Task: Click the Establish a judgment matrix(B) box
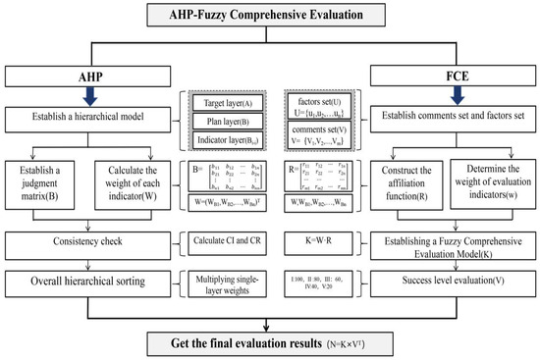(44, 184)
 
